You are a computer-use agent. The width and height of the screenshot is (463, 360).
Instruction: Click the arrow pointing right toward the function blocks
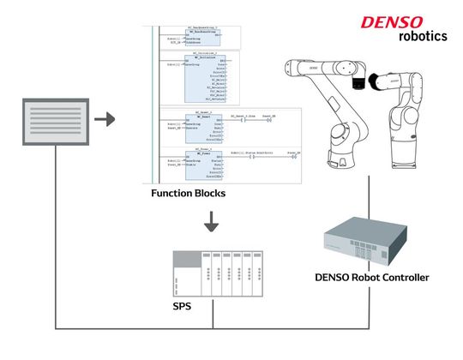click(105, 117)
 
